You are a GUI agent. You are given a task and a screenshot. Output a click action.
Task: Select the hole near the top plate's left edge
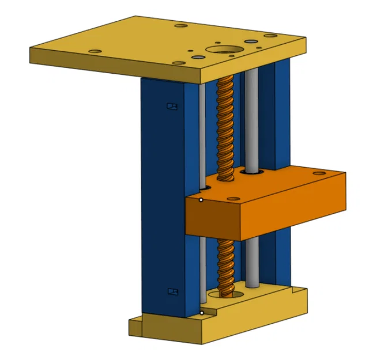click(95, 51)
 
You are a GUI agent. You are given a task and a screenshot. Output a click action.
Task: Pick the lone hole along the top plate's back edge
click(180, 26)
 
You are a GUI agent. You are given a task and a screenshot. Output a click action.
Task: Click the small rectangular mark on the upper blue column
click(170, 106)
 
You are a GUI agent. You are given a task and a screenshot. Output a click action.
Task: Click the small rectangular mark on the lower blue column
click(171, 291)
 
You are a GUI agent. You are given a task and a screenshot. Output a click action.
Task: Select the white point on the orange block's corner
click(201, 200)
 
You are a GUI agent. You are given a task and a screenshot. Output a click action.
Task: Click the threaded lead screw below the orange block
click(225, 265)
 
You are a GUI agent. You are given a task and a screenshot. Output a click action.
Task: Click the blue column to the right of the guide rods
click(281, 115)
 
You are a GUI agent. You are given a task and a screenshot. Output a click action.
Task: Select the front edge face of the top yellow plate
click(115, 65)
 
